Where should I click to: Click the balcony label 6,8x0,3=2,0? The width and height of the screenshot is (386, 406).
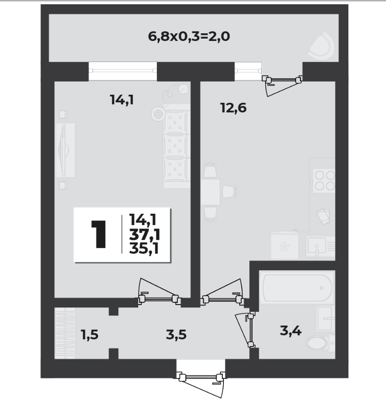tap(189, 37)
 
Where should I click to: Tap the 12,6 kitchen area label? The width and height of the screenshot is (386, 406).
tap(234, 108)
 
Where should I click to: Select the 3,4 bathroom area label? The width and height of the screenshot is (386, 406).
tap(291, 331)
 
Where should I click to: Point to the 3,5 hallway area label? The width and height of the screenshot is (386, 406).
tap(176, 335)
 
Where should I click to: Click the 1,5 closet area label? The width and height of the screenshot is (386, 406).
tap(90, 335)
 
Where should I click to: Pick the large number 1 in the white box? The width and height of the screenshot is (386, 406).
tap(99, 234)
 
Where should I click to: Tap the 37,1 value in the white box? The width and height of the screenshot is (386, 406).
tap(144, 235)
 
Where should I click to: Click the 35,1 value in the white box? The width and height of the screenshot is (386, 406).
tap(144, 249)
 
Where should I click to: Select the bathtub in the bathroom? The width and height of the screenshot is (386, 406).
tap(297, 288)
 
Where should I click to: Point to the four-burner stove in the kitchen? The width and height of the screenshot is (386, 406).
tap(324, 180)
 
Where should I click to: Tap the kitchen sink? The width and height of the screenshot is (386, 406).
tap(320, 246)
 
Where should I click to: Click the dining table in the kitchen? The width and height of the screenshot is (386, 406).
tap(210, 192)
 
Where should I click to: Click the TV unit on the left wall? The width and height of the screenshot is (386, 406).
tap(65, 150)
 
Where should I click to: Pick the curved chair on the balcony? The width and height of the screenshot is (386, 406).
tap(322, 46)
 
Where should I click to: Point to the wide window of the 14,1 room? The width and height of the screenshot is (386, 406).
tap(122, 71)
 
